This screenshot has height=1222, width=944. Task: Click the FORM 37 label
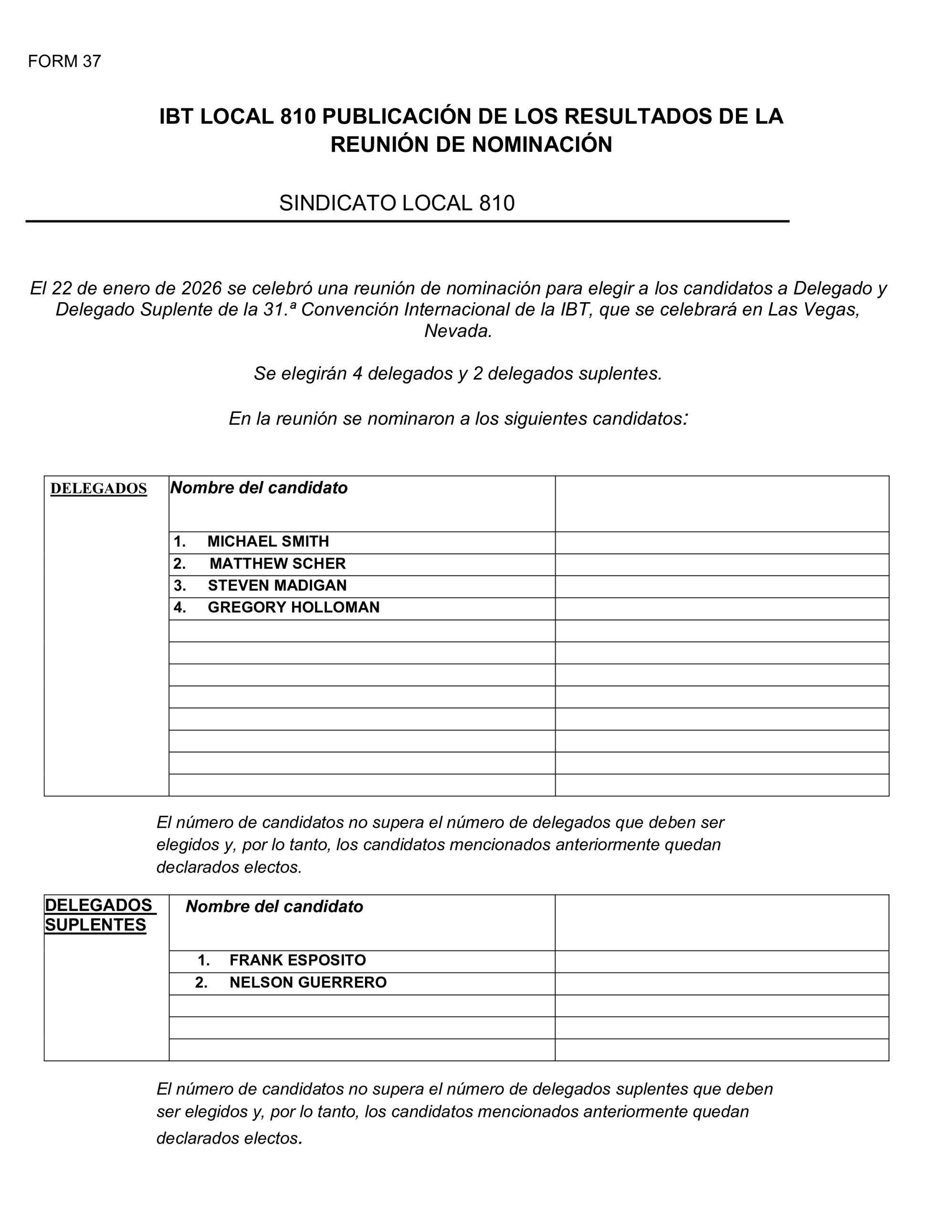(x=64, y=61)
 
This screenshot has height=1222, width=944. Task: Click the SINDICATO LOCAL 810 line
(x=396, y=202)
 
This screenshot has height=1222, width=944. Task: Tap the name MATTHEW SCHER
(x=278, y=563)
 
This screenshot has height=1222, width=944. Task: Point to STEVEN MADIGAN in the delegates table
(x=277, y=585)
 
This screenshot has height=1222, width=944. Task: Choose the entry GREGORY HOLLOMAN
(x=293, y=607)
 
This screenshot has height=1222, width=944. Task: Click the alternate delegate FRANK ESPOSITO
(x=297, y=960)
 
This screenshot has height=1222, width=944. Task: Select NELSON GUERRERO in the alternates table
(x=308, y=982)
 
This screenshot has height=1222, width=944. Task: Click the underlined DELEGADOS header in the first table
(x=98, y=488)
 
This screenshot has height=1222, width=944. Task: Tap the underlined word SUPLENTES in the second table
(x=95, y=925)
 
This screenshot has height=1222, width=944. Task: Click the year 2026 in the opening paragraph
(x=201, y=288)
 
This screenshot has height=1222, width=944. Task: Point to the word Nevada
(x=458, y=331)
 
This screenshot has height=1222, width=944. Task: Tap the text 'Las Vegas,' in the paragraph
(x=813, y=309)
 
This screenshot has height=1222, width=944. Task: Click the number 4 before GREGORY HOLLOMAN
(x=179, y=607)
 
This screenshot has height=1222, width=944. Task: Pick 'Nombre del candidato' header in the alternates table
(x=274, y=906)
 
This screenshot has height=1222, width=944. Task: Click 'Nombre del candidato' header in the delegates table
(x=259, y=488)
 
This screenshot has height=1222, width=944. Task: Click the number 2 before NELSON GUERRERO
(x=200, y=982)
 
